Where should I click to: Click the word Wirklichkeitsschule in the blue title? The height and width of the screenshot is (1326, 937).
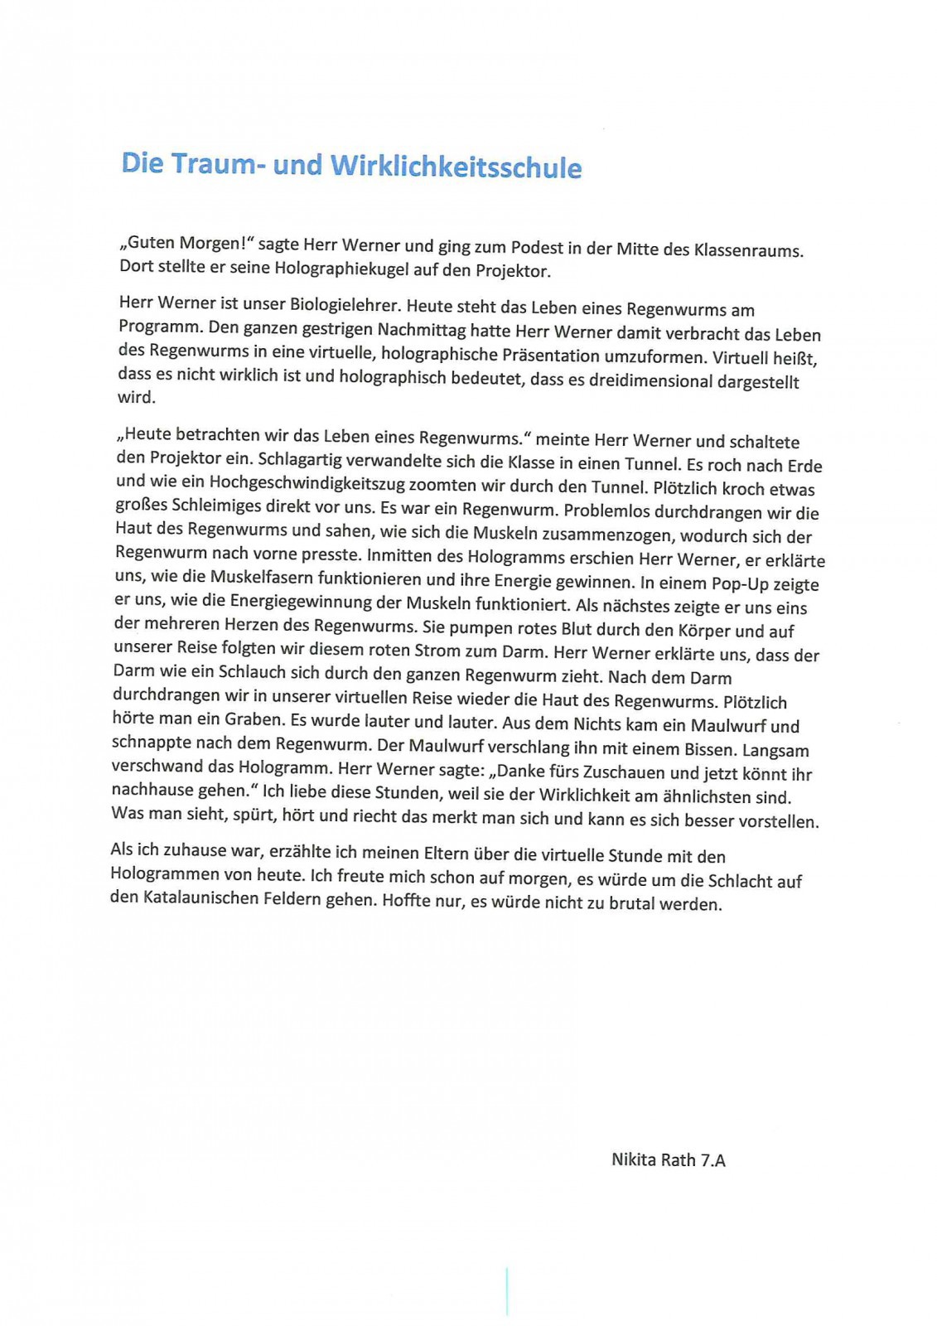point(456,167)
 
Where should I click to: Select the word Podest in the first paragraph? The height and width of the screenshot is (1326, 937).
point(537,247)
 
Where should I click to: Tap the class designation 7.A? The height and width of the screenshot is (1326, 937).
point(712,1160)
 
